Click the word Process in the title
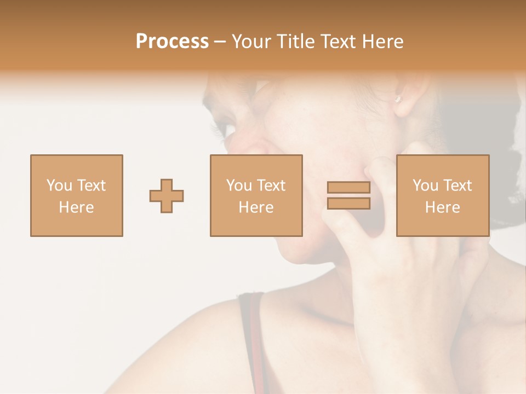(172, 42)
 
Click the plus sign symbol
(167, 195)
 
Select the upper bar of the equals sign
(348, 187)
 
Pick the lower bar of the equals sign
(348, 204)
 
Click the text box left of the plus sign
(76, 195)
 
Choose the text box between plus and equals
(256, 195)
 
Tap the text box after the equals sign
(442, 195)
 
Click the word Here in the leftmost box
(76, 207)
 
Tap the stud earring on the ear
(398, 99)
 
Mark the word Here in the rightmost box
(442, 207)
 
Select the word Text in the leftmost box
(92, 186)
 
